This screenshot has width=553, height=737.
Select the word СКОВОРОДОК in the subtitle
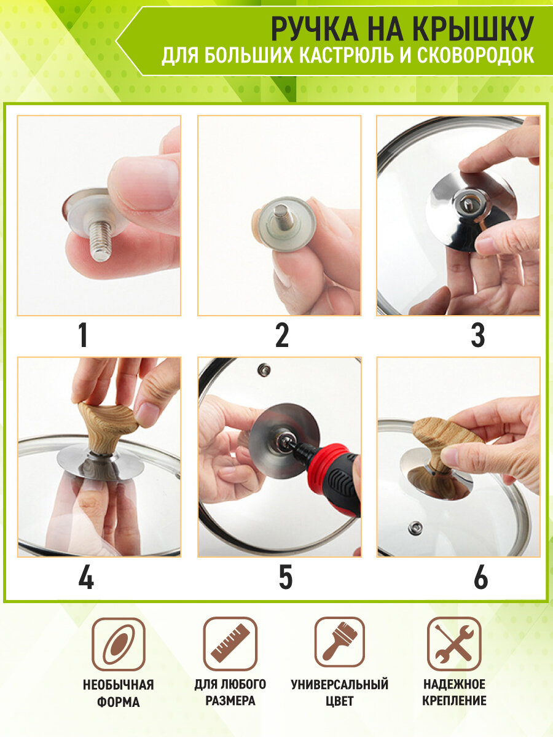pyautogui.click(x=476, y=55)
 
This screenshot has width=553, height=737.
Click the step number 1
pyautogui.click(x=83, y=335)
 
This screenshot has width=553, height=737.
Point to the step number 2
pyautogui.click(x=282, y=335)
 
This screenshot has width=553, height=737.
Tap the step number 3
pyautogui.click(x=478, y=335)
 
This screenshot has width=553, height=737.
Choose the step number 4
pyautogui.click(x=86, y=577)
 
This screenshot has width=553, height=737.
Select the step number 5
pyautogui.click(x=285, y=577)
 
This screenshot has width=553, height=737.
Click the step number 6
pyautogui.click(x=481, y=577)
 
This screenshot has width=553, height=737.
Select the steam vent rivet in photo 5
pyautogui.click(x=264, y=370)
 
